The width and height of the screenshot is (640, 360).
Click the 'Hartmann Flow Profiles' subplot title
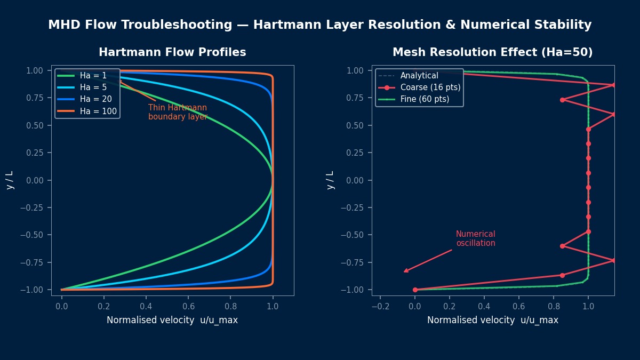[172, 52]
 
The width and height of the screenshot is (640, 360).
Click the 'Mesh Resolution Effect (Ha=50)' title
[492, 52]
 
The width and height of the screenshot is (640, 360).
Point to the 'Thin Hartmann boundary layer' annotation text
[178, 112]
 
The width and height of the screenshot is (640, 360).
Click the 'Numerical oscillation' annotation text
[475, 238]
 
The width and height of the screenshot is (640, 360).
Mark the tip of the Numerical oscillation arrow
[404, 272]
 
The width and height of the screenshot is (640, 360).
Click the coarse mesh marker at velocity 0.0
[415, 290]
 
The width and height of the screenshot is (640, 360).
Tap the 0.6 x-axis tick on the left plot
[188, 306]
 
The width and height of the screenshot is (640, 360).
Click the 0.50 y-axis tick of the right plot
[357, 125]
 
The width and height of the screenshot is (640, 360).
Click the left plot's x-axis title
[172, 320]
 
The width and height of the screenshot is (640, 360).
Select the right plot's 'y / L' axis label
[331, 180]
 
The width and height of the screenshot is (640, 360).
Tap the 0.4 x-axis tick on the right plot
[484, 306]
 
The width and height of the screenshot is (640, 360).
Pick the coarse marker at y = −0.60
[562, 246]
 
